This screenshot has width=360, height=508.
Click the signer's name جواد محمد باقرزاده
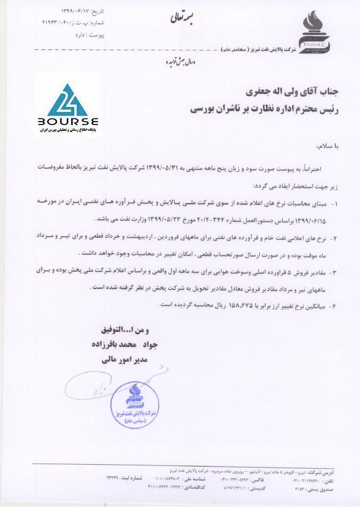120,344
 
